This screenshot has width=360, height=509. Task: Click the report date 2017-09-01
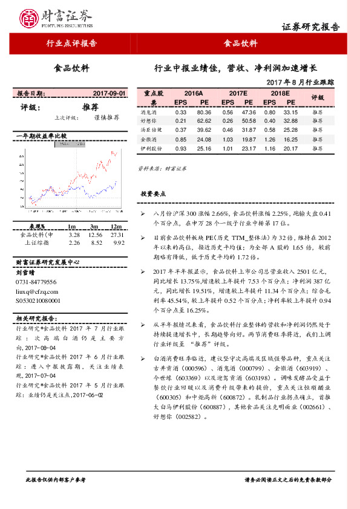pos(110,94)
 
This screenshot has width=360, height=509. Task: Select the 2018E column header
pos(280,94)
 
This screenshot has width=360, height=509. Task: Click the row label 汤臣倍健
pos(151,130)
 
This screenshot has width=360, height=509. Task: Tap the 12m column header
pos(117,226)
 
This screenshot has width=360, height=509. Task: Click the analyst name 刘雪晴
pos(26,273)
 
